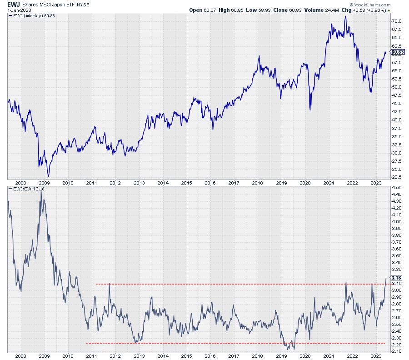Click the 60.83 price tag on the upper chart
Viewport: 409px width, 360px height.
click(398, 52)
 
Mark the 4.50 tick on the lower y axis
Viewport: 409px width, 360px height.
click(396, 187)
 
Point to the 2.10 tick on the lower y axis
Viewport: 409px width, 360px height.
click(396, 351)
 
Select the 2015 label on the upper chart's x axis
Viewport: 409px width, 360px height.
click(187, 183)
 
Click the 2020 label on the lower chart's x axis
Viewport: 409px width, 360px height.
click(305, 356)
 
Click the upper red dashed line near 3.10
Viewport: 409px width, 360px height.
click(227, 284)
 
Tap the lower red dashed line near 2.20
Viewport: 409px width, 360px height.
click(227, 343)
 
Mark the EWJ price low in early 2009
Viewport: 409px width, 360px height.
click(49, 176)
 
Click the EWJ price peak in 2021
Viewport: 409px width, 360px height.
click(345, 16)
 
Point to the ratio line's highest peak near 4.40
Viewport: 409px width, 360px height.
click(41, 192)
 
